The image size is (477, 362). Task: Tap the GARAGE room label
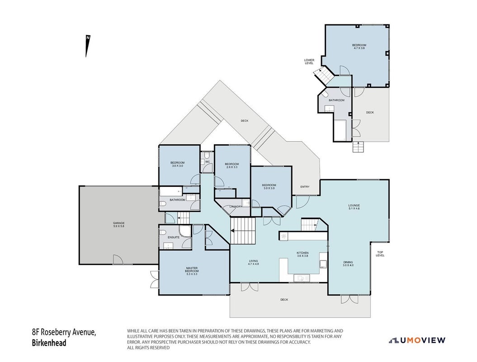click(118, 225)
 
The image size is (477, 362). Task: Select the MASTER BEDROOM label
click(192, 271)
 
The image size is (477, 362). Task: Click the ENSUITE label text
click(174, 238)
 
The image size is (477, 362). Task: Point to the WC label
click(208, 162)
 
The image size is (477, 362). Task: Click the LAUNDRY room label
click(236, 207)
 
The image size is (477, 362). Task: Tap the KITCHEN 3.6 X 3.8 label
click(302, 254)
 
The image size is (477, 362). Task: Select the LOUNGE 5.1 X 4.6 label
click(354, 207)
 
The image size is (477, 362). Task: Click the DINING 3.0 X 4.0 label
click(348, 264)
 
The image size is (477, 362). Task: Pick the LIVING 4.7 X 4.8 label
click(253, 262)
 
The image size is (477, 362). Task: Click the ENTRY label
click(305, 186)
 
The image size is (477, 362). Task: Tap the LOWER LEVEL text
click(309, 62)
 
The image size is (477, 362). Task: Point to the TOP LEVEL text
click(380, 253)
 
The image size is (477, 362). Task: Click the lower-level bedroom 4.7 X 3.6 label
click(359, 47)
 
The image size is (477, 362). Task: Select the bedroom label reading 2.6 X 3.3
click(232, 165)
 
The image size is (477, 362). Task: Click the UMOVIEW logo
click(417, 340)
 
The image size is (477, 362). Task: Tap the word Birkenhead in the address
click(49, 343)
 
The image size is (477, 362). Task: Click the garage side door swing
click(118, 260)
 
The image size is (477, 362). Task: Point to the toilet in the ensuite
click(162, 233)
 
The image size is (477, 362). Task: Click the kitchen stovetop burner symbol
click(284, 236)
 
